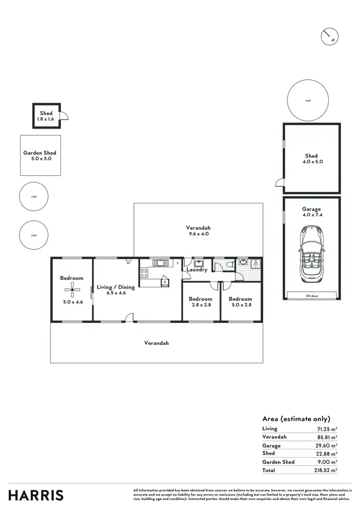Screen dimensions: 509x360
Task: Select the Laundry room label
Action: tap(197, 270)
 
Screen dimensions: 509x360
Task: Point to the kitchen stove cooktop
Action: tap(144, 274)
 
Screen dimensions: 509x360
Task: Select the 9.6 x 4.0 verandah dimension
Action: tap(198, 234)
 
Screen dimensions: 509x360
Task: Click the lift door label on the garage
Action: tap(312, 296)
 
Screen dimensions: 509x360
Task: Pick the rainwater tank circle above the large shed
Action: tap(308, 101)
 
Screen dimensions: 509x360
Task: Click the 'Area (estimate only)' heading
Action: tap(296, 419)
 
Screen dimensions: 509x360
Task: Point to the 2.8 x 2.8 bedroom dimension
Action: tap(201, 305)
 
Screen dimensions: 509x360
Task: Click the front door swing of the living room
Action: tap(129, 317)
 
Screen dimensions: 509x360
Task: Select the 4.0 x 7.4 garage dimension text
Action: tap(312, 215)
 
